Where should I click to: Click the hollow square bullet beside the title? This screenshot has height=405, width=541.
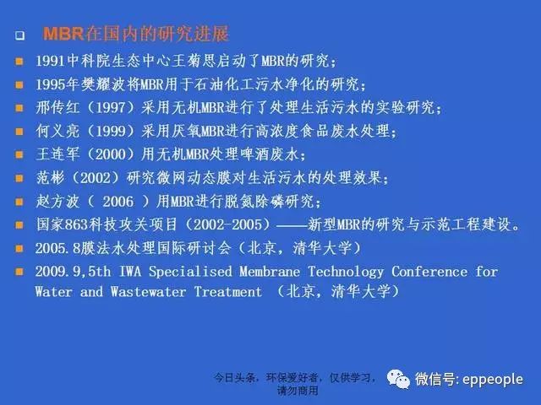click(x=19, y=35)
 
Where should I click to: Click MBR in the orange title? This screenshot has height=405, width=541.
click(x=63, y=34)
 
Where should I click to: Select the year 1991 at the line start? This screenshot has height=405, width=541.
click(x=51, y=61)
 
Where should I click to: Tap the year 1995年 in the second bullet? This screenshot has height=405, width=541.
click(x=57, y=84)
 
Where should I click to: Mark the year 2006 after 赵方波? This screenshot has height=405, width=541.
click(x=117, y=202)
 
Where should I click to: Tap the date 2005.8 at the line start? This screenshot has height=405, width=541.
click(x=57, y=248)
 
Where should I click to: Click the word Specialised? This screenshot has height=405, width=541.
click(x=190, y=272)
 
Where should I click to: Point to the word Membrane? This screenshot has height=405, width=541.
click(x=270, y=272)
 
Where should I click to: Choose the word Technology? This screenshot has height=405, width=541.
click(x=346, y=273)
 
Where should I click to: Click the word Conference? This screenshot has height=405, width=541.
click(x=429, y=272)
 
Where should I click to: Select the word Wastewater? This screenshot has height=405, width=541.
click(x=148, y=292)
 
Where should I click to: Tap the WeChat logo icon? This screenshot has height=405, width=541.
click(x=398, y=379)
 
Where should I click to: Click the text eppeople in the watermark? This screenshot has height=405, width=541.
click(x=492, y=380)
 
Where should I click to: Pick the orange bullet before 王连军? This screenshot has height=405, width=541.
click(x=19, y=154)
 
